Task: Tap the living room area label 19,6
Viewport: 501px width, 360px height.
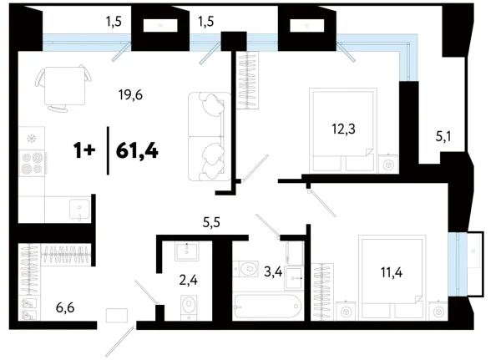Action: tap(131, 95)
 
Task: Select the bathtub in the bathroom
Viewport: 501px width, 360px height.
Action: tap(263, 306)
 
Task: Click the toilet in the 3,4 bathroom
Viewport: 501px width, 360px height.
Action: tap(249, 269)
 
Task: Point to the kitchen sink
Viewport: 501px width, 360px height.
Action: tap(79, 206)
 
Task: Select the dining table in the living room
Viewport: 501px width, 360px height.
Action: tap(63, 86)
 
